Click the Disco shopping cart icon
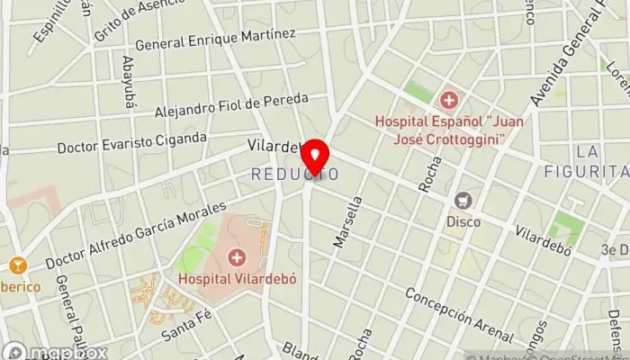pos(463,200)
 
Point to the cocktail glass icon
pos(16,265)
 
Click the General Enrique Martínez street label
pos(215,39)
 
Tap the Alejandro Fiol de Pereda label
pos(231,104)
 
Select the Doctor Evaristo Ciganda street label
pos(131,141)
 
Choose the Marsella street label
pos(347,224)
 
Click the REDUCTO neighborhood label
pos(295,173)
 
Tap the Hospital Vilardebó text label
pos(238,278)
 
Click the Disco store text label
pos(463,220)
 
